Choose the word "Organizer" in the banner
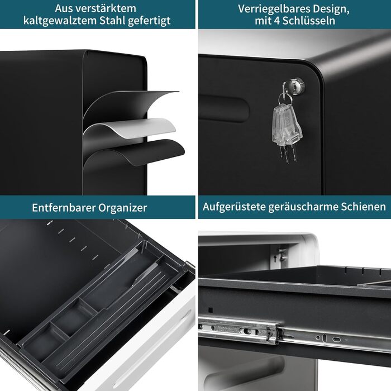pyautogui.click(x=122, y=208)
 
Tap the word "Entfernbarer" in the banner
pyautogui.click(x=64, y=207)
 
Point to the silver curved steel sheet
pyautogui.click(x=130, y=128)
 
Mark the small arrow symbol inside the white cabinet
pyautogui.click(x=275, y=259)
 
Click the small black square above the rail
pyautogui.click(x=210, y=310)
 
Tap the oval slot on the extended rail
pyautogui.click(x=337, y=340)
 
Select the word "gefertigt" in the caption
pyautogui.click(x=149, y=21)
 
